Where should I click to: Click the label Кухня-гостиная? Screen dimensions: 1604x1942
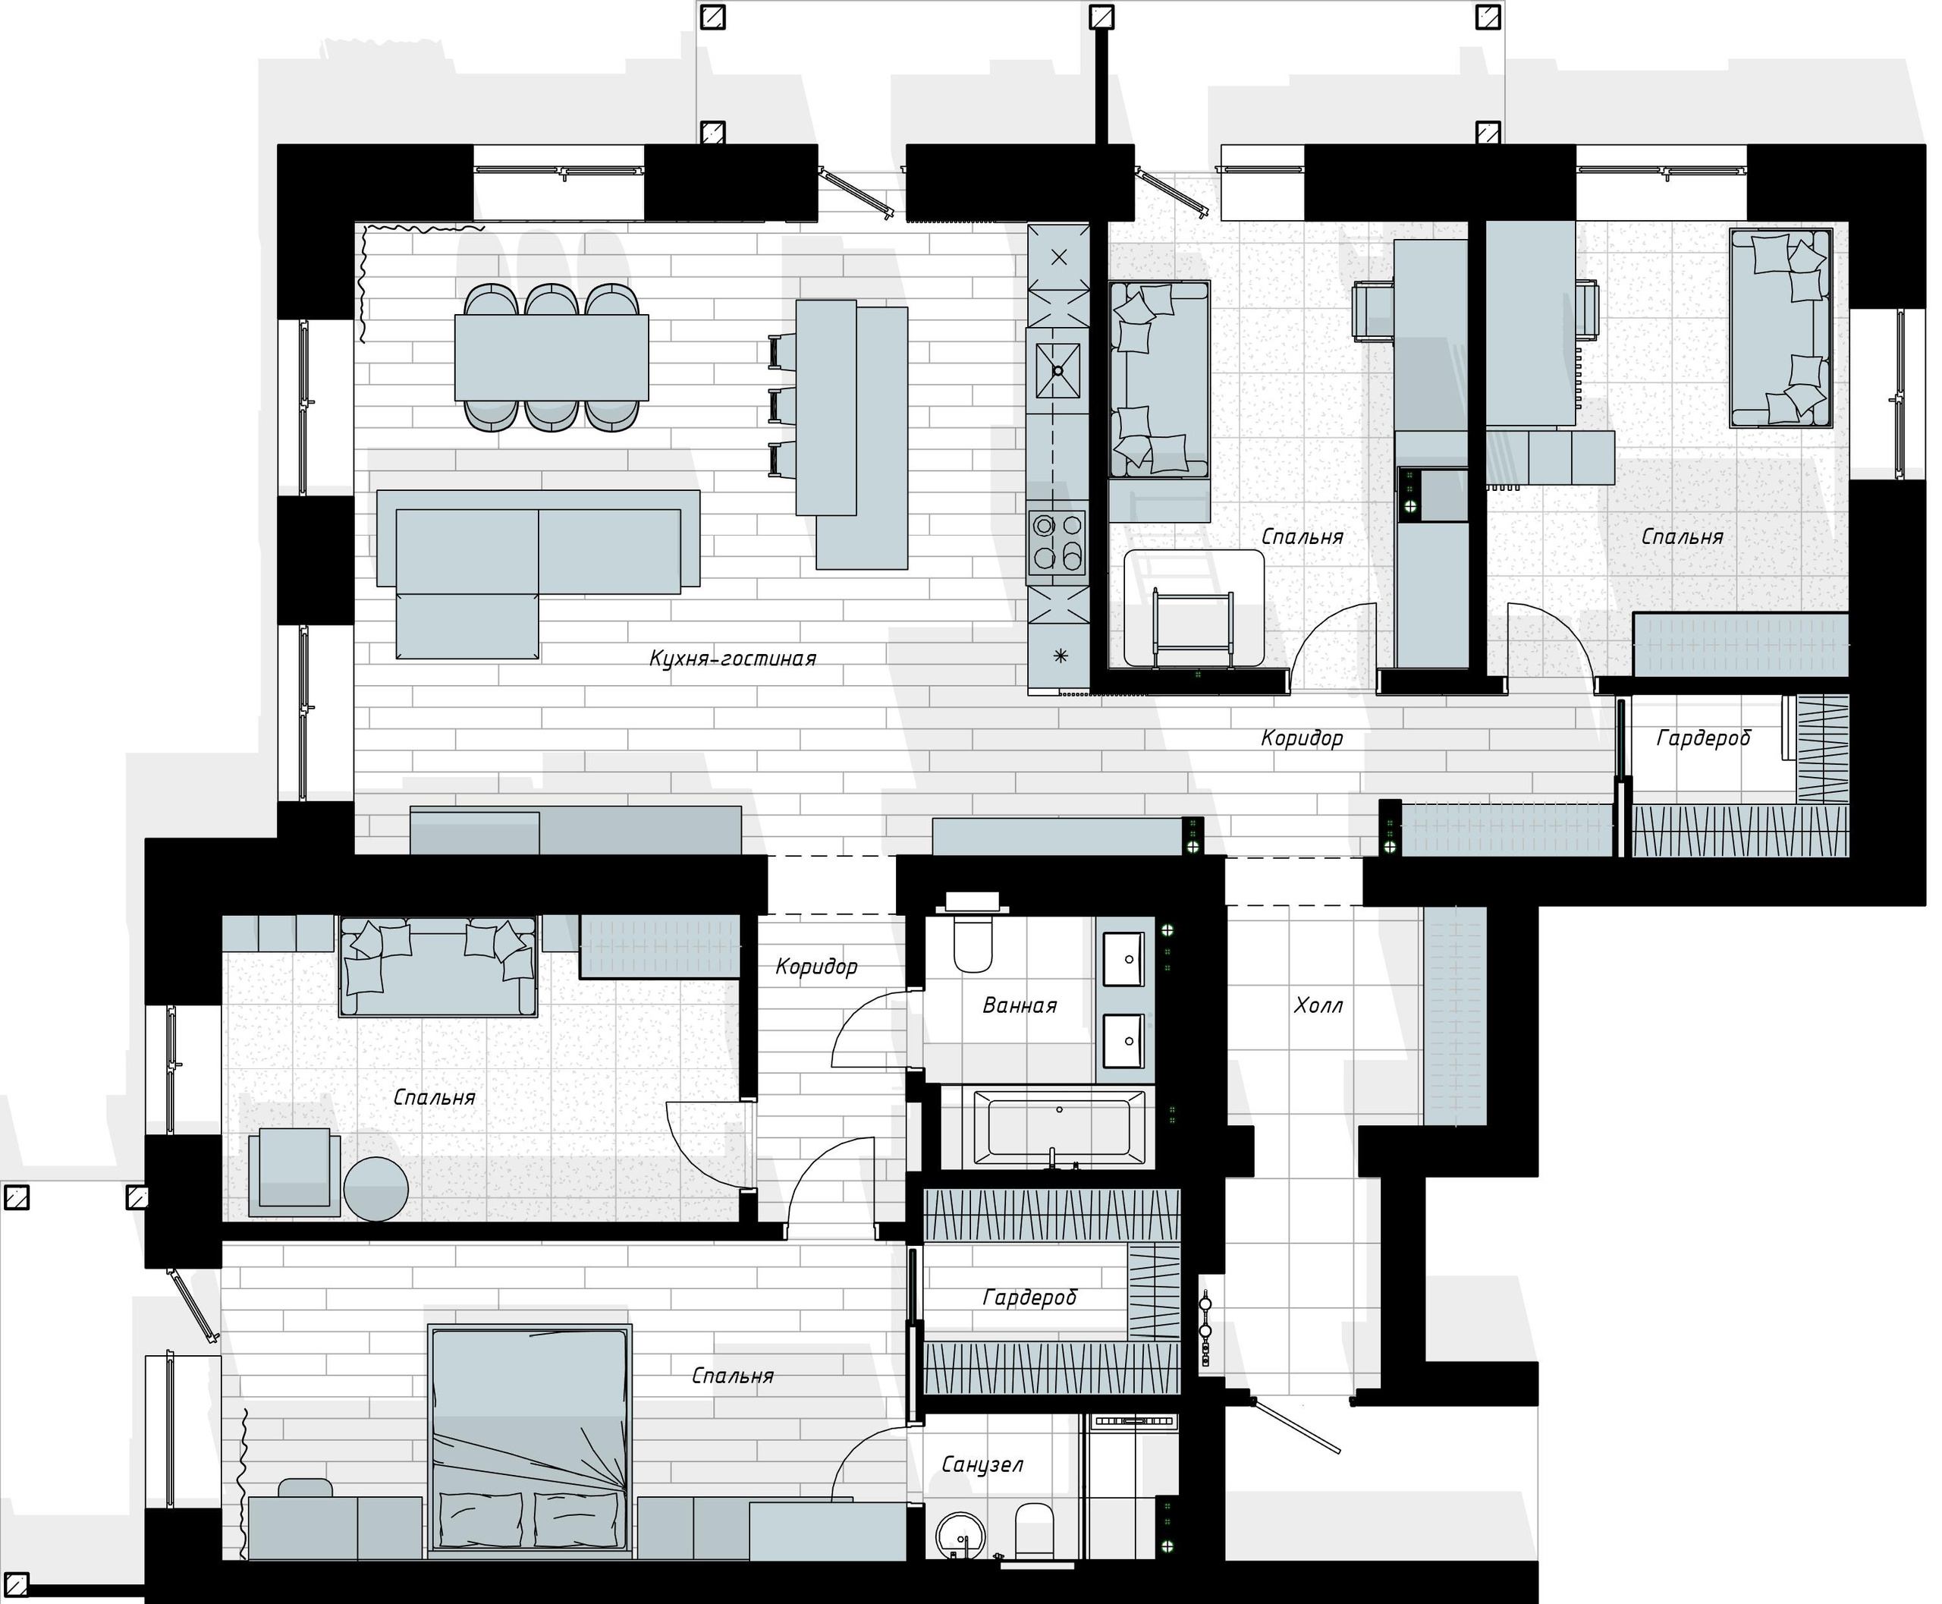pyautogui.click(x=733, y=659)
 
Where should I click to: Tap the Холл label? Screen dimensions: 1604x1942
pyautogui.click(x=1318, y=1005)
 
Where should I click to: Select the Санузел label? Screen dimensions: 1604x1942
pyautogui.click(x=982, y=1464)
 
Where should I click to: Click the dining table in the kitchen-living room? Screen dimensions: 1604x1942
pyautogui.click(x=551, y=357)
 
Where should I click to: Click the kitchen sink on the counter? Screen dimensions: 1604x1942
pyautogui.click(x=1057, y=370)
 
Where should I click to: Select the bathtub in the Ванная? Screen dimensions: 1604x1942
pyautogui.click(x=1057, y=1129)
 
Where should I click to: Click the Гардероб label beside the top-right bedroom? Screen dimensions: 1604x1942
pyautogui.click(x=1703, y=738)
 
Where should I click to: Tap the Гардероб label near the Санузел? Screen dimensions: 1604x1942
pyautogui.click(x=1029, y=1298)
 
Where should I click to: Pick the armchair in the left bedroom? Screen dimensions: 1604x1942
pyautogui.click(x=294, y=1168)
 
